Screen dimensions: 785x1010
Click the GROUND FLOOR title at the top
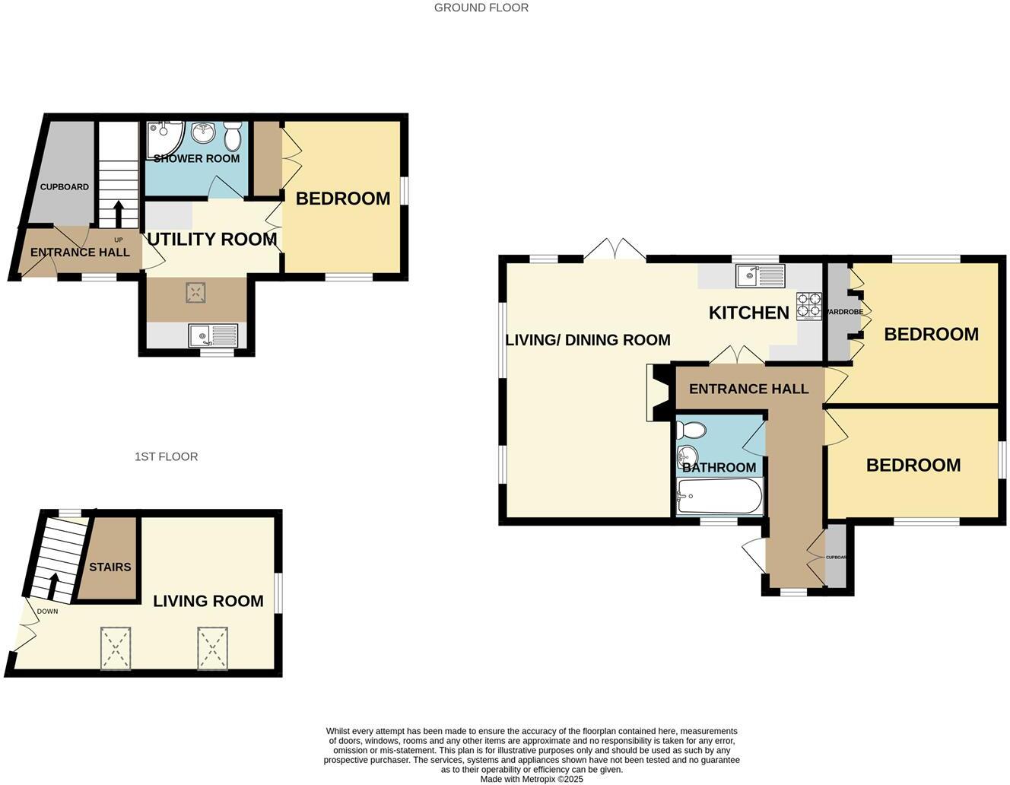481,8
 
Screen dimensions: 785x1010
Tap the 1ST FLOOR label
166,456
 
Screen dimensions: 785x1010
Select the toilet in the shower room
233,136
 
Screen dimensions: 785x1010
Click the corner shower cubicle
163,138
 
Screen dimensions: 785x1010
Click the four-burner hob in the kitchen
809,304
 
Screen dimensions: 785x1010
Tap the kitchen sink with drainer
760,275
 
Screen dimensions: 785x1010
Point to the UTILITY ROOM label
211,239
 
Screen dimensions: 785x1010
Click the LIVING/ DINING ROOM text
588,340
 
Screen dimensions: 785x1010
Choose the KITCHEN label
748,313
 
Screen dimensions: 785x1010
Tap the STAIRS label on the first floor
110,567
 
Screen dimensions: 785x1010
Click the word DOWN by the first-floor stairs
47,611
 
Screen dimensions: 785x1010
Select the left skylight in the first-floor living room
116,648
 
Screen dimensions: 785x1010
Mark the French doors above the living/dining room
615,249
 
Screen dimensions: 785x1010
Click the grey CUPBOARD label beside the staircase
65,186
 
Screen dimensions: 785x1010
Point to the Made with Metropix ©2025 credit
532,779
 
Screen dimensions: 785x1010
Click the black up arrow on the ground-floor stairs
119,214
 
